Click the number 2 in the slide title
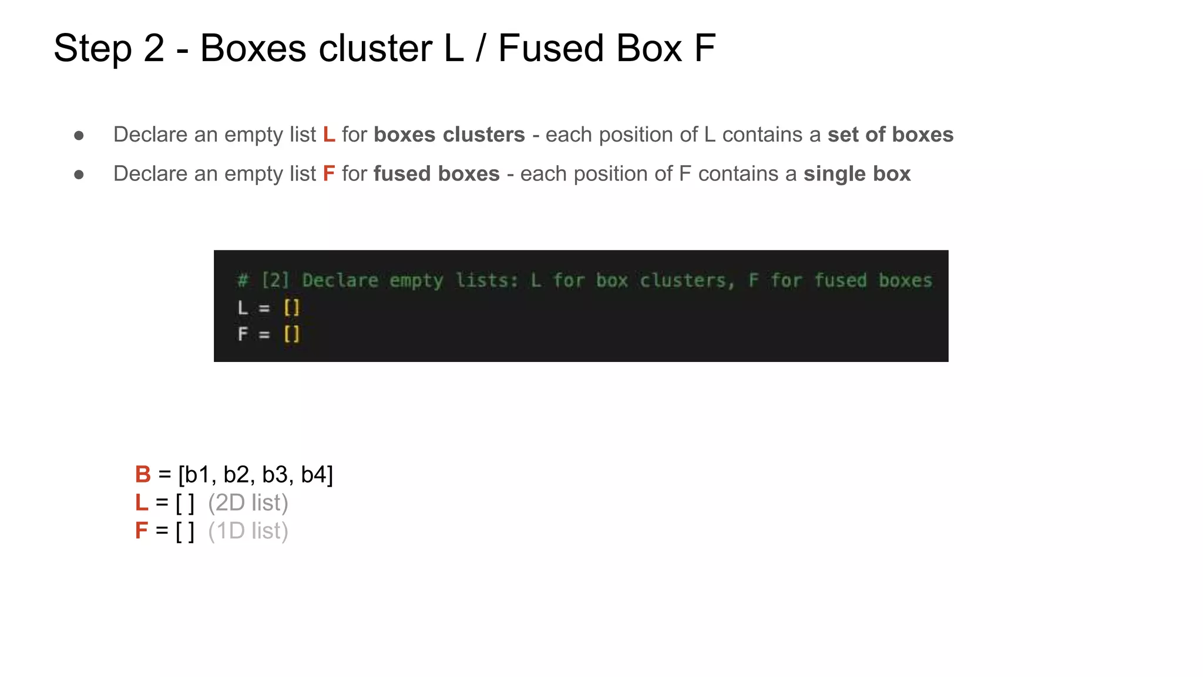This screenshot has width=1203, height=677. point(154,48)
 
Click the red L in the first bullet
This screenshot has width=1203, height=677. point(329,135)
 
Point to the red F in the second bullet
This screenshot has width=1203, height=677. point(329,174)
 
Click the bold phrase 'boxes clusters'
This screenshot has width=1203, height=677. point(449,135)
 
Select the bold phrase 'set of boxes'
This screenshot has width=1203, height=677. point(891,135)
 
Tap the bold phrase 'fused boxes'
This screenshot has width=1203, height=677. point(436,174)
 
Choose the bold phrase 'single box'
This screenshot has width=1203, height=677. point(857,174)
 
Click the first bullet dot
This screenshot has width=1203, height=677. point(79,136)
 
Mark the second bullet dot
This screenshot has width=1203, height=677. point(79,175)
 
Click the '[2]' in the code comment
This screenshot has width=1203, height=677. point(275,280)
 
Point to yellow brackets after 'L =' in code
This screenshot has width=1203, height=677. point(292,307)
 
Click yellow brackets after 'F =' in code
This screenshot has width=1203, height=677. point(292,334)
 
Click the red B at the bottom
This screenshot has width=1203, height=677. point(143,474)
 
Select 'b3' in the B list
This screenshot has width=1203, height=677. point(275,474)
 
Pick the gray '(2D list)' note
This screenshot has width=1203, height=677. point(248,503)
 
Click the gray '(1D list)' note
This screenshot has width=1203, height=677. point(248,531)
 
